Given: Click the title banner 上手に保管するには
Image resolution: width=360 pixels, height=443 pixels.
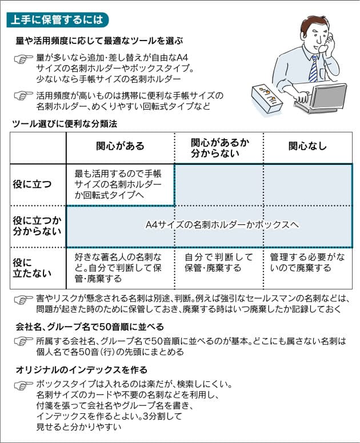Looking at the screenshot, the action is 57,20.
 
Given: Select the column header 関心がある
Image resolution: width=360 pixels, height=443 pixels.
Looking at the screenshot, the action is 120,146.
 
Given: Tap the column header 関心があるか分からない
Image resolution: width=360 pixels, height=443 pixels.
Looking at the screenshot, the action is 220,148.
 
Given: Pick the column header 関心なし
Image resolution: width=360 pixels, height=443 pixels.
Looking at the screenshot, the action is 307,146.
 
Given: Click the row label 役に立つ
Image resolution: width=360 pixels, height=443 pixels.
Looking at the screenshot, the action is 32,184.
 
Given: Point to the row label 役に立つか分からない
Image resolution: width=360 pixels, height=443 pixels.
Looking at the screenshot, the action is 37,225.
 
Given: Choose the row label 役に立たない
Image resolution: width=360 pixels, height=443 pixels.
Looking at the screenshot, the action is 32,268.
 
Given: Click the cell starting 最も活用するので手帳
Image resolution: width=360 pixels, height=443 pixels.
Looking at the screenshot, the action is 118,184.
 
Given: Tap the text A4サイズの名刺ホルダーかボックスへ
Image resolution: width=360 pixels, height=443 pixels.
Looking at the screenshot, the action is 222,225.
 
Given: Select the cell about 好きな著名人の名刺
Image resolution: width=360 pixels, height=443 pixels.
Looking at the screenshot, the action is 118,268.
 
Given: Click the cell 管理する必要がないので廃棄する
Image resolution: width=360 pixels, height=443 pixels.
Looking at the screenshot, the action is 307,263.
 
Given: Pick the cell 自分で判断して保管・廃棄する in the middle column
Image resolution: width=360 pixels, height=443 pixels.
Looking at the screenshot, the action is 219,263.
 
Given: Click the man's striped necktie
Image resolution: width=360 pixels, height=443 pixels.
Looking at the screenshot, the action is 314,69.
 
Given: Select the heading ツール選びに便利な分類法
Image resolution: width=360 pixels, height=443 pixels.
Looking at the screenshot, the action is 65,124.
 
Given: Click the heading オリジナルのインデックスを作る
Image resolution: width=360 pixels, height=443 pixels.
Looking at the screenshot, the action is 82,370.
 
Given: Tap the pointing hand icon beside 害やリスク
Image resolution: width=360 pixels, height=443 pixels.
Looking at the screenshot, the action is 23,300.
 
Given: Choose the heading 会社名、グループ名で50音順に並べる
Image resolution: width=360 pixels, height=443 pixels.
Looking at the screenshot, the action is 90,327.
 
